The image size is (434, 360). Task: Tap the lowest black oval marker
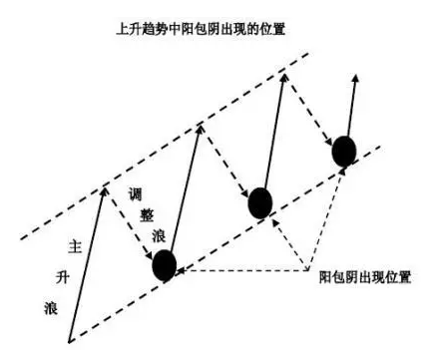(164, 265)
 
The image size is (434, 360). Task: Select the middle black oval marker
(259, 202)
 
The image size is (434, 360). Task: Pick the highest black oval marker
(344, 151)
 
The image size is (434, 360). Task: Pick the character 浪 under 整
(157, 236)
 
